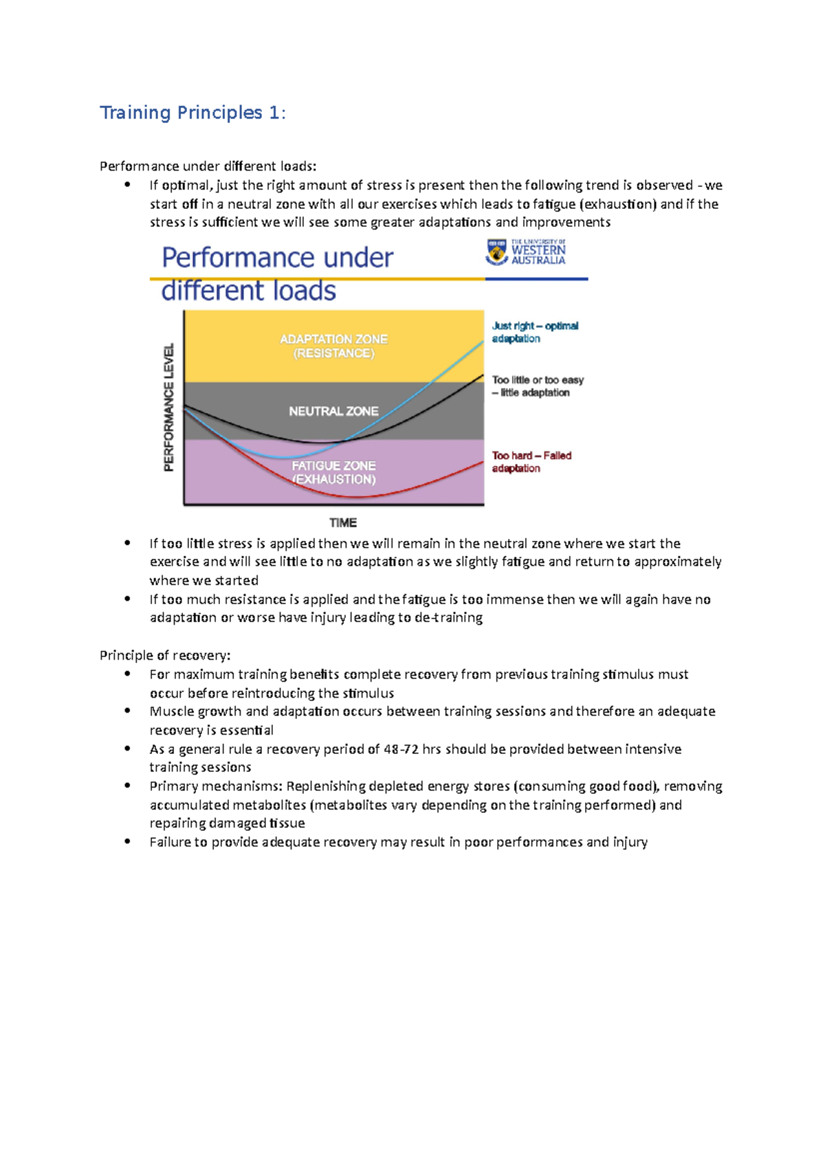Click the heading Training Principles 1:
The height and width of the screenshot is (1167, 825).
pos(192,113)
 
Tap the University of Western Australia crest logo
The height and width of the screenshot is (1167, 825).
pos(496,252)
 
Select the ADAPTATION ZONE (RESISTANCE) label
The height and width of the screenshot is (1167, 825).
pos(333,346)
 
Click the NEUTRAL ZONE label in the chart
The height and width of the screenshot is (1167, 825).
pos(333,411)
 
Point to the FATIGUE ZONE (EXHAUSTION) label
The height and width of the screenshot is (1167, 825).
pos(333,472)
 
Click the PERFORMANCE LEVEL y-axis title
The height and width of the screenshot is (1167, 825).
pos(169,407)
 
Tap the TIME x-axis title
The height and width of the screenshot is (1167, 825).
pos(342,522)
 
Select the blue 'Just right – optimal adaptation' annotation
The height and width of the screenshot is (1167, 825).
pos(534,332)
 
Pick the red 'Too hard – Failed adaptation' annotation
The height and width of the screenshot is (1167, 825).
pos(531,462)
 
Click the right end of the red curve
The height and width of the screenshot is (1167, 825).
pos(483,463)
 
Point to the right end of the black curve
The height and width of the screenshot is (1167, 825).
pos(483,376)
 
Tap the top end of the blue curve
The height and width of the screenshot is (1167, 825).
pos(483,342)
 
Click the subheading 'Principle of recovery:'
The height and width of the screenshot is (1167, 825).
pos(165,655)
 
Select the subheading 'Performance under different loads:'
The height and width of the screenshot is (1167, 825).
pos(208,166)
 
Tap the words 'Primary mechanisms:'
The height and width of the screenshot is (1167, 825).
pos(216,786)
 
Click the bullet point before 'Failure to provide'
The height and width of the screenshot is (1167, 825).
pos(127,841)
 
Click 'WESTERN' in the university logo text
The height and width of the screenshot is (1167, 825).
pos(538,251)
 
